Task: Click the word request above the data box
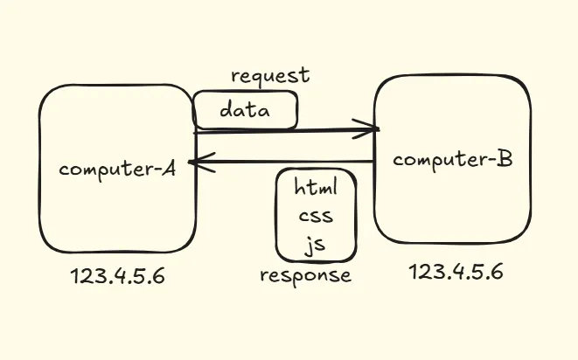pos(269,75)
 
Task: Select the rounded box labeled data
pos(246,110)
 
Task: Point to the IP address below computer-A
pos(117,278)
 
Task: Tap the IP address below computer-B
pos(456,272)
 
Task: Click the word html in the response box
pos(315,188)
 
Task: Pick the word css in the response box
pos(315,216)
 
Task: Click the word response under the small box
pos(305,276)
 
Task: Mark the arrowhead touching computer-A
pos(199,161)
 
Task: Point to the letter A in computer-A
pos(168,168)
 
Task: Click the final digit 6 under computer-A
pos(157,278)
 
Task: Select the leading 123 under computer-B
pos(425,272)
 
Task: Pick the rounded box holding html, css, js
pos(315,214)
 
